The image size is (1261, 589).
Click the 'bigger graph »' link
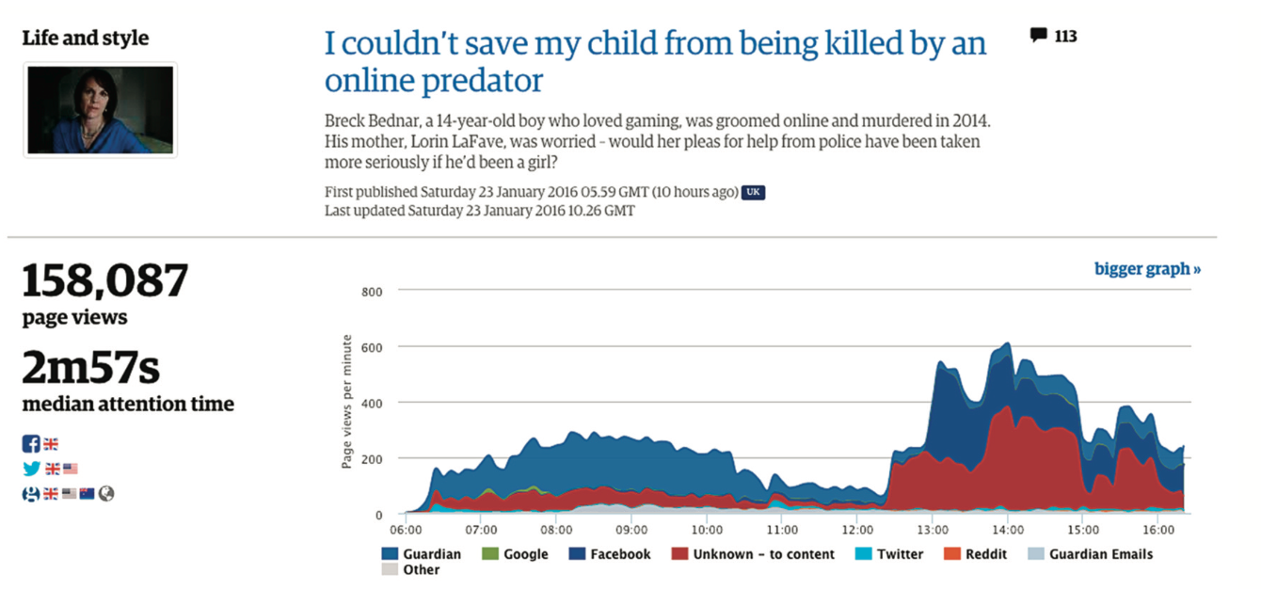tap(1147, 269)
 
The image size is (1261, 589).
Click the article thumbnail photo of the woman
tap(100, 110)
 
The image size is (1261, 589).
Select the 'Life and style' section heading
tap(86, 39)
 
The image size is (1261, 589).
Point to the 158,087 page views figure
tap(105, 282)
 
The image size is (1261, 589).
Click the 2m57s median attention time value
tap(91, 369)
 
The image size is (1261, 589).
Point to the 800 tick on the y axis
tap(372, 292)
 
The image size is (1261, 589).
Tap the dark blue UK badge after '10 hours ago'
tap(753, 192)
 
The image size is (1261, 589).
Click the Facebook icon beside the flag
tap(31, 444)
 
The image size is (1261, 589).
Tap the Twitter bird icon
tap(31, 469)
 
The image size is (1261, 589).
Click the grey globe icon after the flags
tap(106, 493)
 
